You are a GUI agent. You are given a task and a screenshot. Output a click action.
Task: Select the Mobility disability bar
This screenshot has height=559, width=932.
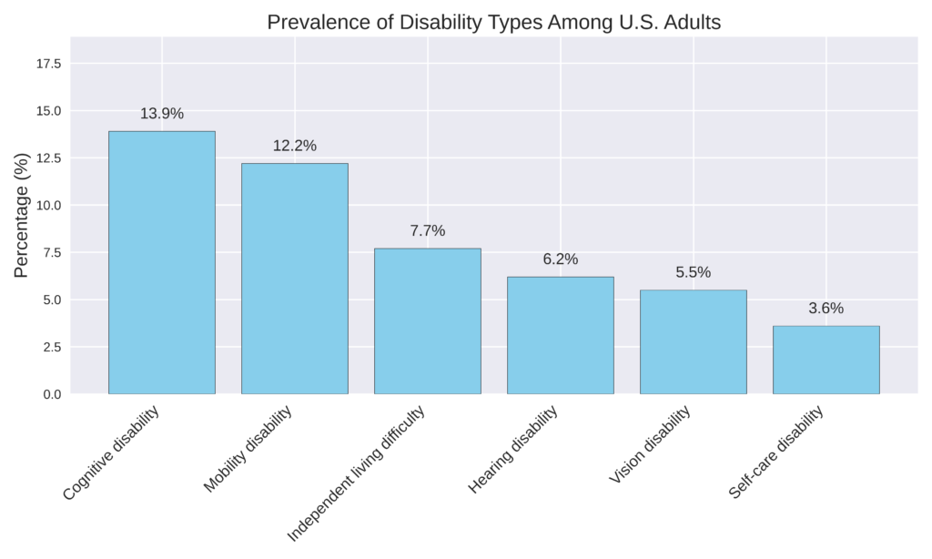[294, 279]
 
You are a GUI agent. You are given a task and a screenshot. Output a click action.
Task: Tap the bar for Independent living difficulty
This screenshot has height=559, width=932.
[428, 321]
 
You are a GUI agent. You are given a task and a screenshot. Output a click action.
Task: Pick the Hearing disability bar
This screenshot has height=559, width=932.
[560, 335]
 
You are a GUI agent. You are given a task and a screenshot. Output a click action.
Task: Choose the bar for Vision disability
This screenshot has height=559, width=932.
[693, 341]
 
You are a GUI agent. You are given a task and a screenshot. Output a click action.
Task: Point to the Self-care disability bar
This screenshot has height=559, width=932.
[826, 360]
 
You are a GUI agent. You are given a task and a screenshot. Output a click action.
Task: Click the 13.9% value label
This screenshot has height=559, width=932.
[162, 114]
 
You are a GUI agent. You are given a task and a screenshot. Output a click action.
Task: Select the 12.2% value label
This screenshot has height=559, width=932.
[295, 146]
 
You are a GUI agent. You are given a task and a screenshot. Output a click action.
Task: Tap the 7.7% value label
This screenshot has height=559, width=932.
[428, 231]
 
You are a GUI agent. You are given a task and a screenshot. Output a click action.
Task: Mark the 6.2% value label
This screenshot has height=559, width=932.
[561, 259]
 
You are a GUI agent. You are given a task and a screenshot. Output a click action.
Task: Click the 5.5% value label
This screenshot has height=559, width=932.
[694, 272]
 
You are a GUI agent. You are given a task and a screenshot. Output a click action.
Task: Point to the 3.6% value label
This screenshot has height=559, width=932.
[826, 309]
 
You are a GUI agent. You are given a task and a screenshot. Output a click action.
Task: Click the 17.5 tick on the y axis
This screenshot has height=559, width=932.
[47, 64]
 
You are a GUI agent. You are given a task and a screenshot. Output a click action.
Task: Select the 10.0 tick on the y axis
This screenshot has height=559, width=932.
[47, 206]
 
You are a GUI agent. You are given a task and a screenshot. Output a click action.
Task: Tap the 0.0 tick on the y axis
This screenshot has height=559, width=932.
[51, 394]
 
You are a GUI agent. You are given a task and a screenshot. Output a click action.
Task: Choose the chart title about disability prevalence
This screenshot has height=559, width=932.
[493, 23]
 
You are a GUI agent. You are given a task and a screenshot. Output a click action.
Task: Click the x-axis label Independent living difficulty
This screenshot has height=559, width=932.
[357, 473]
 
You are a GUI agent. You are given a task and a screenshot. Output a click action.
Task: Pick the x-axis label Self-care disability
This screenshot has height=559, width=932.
[776, 452]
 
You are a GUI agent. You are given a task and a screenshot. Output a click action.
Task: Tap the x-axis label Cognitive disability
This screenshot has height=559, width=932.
[111, 452]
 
